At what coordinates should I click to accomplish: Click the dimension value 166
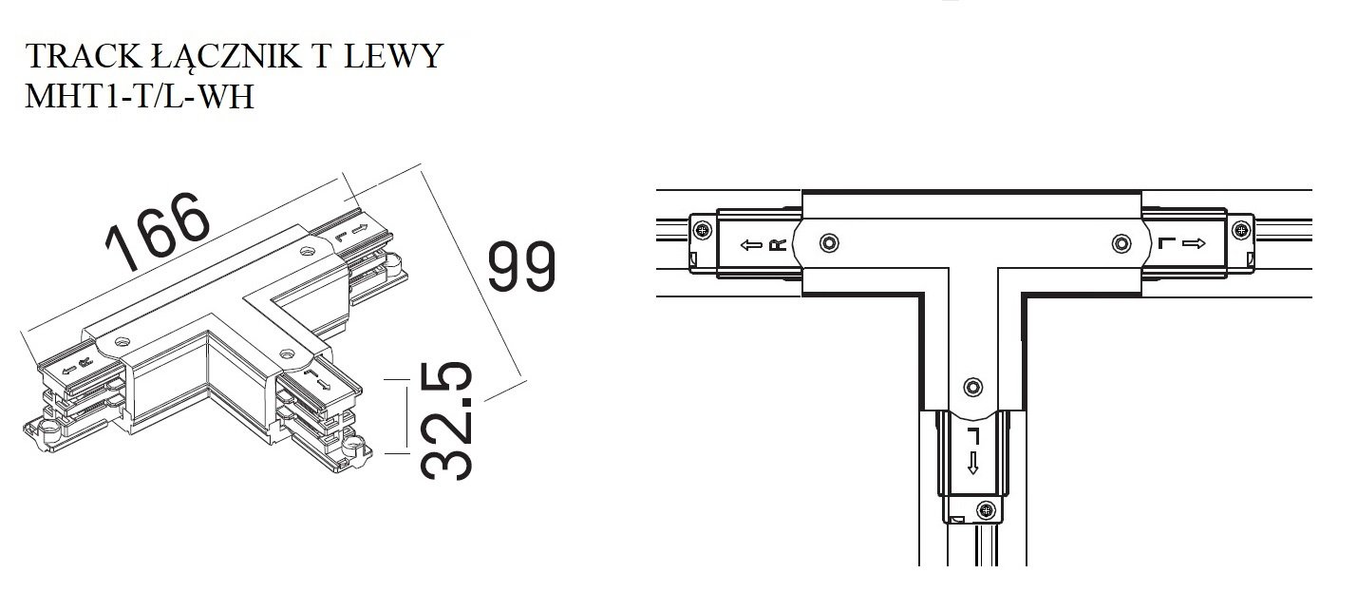coord(158,232)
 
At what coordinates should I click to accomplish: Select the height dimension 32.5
coord(446,421)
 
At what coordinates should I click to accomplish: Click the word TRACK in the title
coord(83,56)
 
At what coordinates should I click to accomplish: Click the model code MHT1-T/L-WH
coord(140,96)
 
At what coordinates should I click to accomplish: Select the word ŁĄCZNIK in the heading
coord(226,58)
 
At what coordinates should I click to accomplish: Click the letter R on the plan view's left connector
coord(777,245)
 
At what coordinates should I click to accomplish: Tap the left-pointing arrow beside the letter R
coord(751,245)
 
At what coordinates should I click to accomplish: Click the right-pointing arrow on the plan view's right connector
coord(1194,243)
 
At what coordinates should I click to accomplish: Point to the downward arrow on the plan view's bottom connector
coord(973,463)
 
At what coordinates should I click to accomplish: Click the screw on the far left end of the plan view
coord(703,230)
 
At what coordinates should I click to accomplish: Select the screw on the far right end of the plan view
coord(1241,230)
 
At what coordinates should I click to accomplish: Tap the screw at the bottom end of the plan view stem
coord(987,511)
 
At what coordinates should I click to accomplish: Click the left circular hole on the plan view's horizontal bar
coord(829,243)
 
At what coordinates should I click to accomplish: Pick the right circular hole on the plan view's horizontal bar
coord(1121,243)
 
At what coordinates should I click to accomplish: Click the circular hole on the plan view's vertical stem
coord(973,386)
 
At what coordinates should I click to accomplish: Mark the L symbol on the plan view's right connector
coord(1166,243)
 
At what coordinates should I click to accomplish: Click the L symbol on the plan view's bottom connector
coord(973,435)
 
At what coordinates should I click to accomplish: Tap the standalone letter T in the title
coord(321,56)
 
